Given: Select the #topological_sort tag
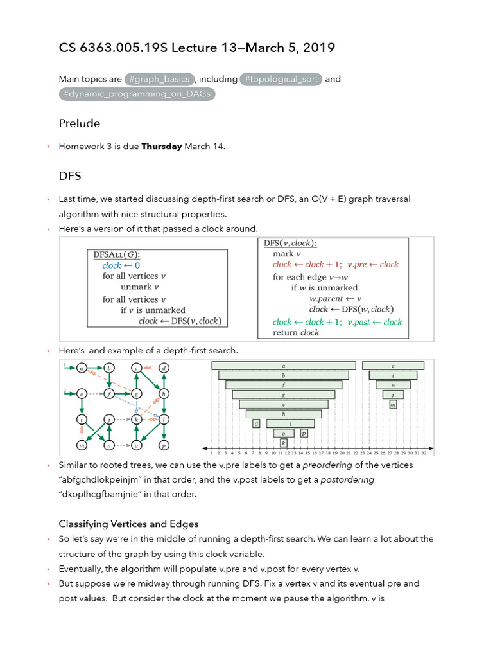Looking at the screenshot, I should click(281, 79).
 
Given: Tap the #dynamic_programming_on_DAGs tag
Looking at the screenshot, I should click(137, 94).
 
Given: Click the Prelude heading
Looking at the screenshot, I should click(80, 123).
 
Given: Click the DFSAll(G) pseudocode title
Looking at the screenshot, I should click(117, 254).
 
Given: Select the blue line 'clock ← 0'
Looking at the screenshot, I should click(121, 265).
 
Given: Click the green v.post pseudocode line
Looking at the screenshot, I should click(337, 322).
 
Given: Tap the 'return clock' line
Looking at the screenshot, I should click(296, 333).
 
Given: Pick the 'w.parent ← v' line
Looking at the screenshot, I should click(335, 299).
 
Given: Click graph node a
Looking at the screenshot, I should click(82, 368).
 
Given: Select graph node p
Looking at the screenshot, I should click(164, 445).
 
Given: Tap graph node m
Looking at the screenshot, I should click(82, 445).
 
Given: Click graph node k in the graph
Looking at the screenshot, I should click(136, 420).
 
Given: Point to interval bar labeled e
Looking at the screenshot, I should click(393, 366).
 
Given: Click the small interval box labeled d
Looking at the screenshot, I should click(256, 423).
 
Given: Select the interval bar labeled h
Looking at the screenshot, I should click(284, 414).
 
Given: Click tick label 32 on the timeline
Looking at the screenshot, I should click(424, 453).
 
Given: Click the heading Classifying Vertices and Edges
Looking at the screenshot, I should click(128, 524).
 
